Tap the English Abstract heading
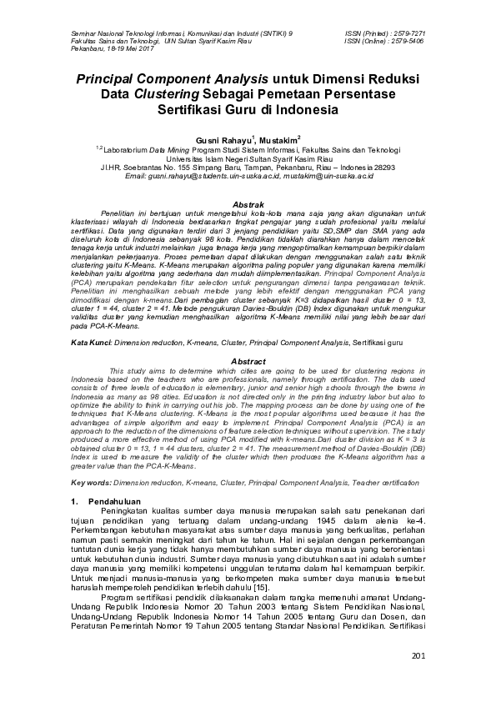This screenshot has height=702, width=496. point(247,360)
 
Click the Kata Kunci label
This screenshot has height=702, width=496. point(92,343)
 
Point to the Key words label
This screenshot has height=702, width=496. point(91,483)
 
